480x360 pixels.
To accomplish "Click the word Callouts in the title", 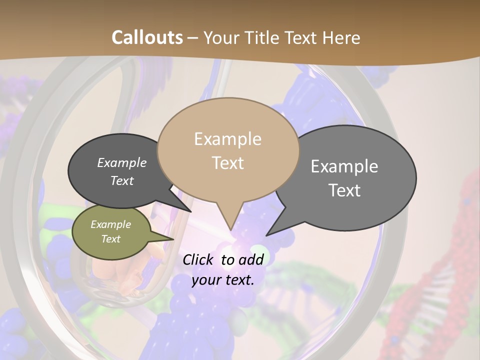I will (x=147, y=37).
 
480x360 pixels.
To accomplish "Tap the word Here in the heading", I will (x=341, y=38).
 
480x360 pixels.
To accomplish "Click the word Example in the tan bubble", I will (x=227, y=139).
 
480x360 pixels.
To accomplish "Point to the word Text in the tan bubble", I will (x=228, y=163).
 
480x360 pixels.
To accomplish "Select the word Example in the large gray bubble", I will (x=344, y=166).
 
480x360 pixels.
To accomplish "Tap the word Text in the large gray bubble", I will (x=345, y=190).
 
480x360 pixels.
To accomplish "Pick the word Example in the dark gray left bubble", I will (x=122, y=162).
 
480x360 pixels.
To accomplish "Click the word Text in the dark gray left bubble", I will (x=122, y=180).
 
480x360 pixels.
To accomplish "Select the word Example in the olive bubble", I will (x=111, y=224).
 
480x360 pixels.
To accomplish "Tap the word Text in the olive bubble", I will (x=111, y=239).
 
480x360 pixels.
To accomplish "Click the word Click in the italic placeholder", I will (x=199, y=259).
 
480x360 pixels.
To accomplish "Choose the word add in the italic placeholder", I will (x=250, y=259).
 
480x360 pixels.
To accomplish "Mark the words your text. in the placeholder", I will (x=223, y=280).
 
